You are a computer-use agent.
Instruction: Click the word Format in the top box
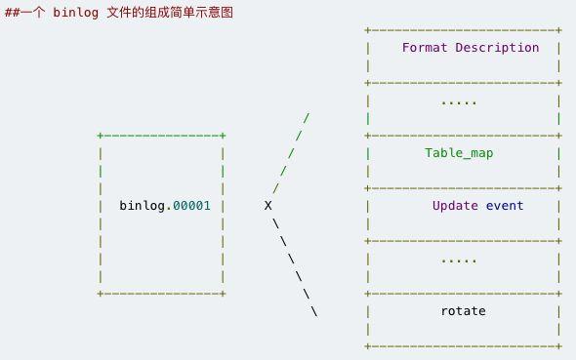click(x=425, y=47)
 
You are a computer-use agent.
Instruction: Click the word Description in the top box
click(x=500, y=47)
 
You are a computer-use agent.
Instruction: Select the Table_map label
click(x=460, y=153)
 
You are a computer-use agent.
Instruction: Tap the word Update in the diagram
click(x=456, y=206)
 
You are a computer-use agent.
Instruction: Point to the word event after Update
click(x=505, y=206)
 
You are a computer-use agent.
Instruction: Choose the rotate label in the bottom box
click(x=464, y=311)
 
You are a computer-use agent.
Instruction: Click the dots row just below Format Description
click(x=460, y=100)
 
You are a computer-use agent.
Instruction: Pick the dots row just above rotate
click(x=460, y=260)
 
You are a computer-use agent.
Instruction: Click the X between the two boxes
click(x=267, y=206)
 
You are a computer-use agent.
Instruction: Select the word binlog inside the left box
click(x=142, y=206)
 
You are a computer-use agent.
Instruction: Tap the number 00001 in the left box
click(x=191, y=206)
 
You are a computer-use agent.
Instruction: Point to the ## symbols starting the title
click(x=12, y=13)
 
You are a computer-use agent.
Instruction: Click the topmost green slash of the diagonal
click(x=307, y=118)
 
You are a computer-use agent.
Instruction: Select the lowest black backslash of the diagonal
click(x=314, y=311)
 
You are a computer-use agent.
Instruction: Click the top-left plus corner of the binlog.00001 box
click(x=101, y=136)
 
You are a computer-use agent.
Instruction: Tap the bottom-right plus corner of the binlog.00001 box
click(x=224, y=294)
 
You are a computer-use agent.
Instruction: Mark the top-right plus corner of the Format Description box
click(x=559, y=30)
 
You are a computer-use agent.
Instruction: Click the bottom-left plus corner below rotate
click(x=367, y=345)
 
